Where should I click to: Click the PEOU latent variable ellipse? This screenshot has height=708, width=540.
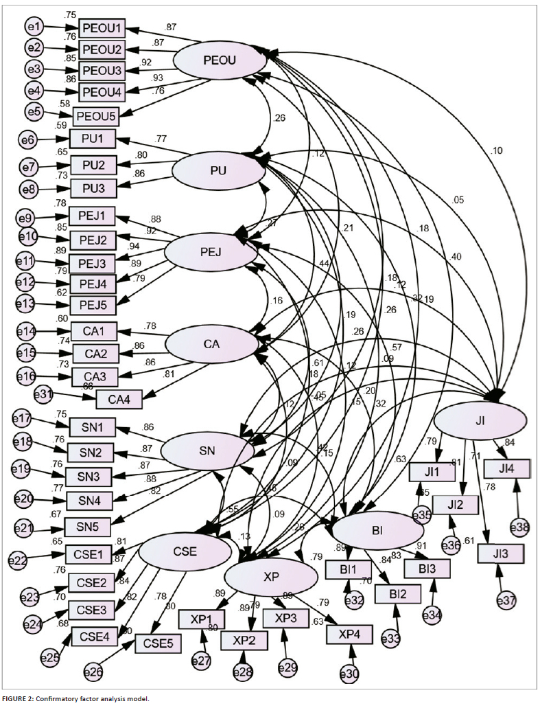[220, 60]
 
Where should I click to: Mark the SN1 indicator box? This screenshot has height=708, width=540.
[91, 428]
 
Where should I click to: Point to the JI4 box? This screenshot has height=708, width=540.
[507, 469]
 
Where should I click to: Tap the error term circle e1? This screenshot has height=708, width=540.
[34, 27]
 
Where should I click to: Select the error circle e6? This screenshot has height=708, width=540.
[27, 140]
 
